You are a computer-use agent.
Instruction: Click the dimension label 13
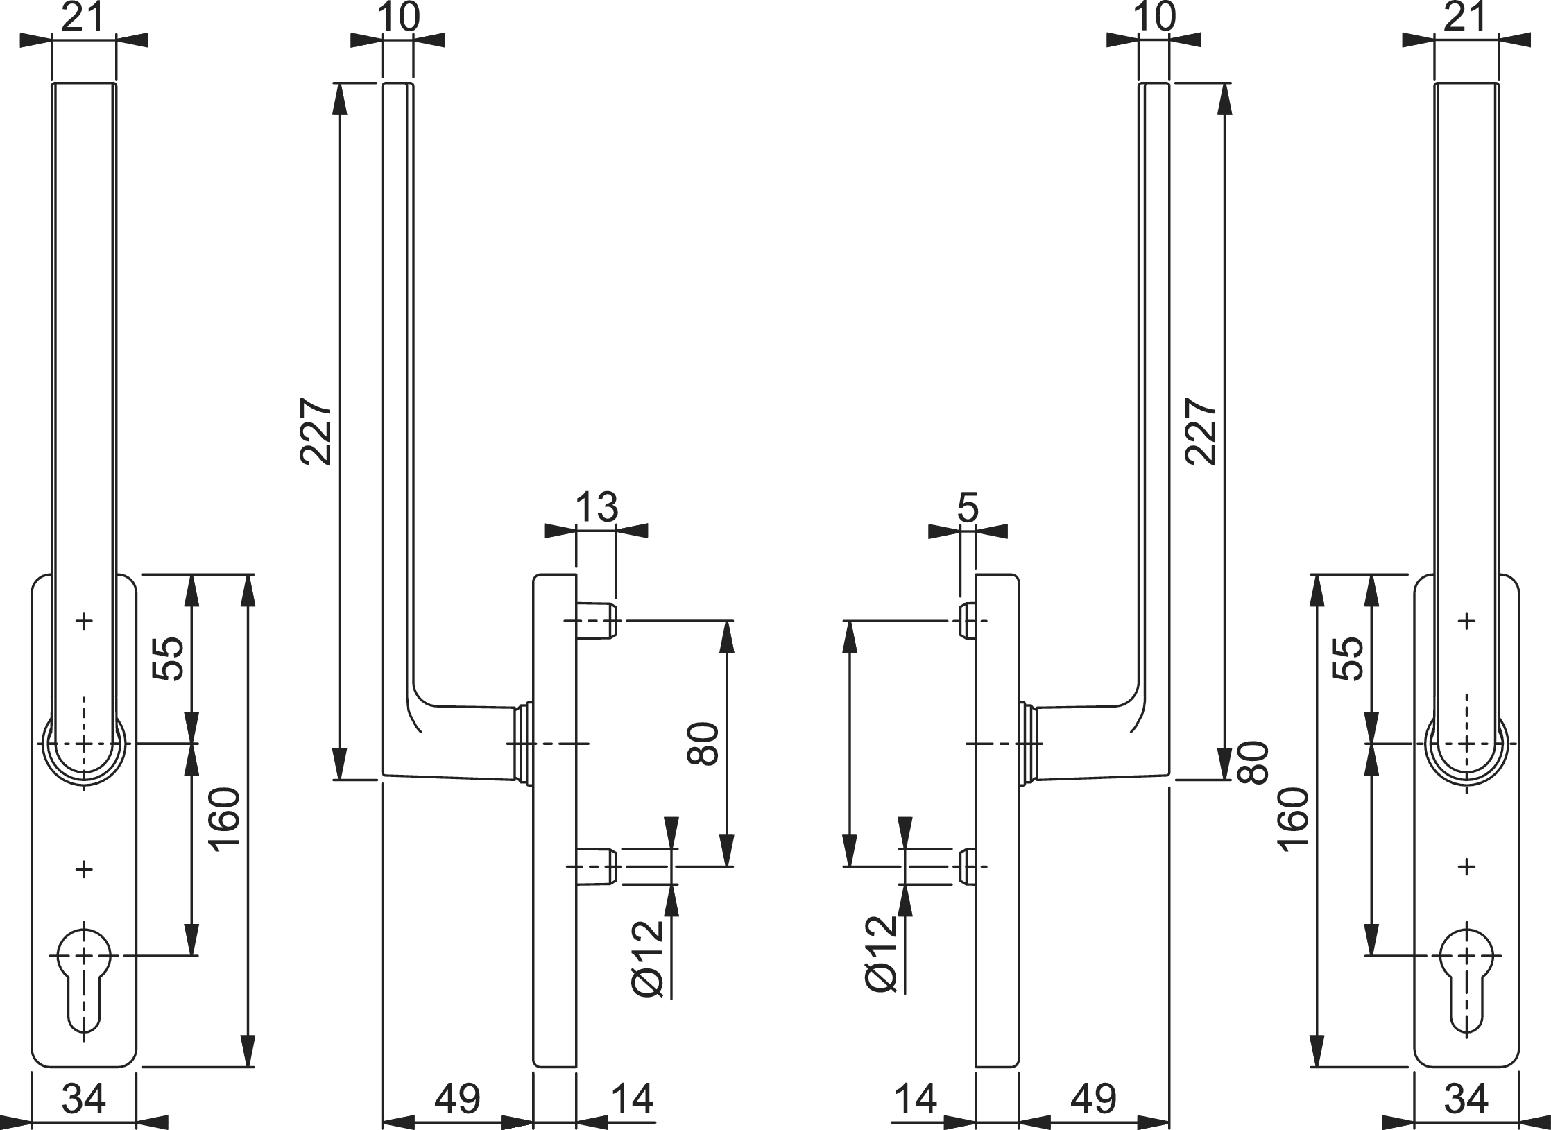click(597, 507)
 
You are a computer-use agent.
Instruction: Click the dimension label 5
click(967, 507)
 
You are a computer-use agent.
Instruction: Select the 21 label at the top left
click(83, 17)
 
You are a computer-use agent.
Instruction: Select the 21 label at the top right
click(1465, 17)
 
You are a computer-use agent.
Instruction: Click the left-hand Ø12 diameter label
click(649, 960)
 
